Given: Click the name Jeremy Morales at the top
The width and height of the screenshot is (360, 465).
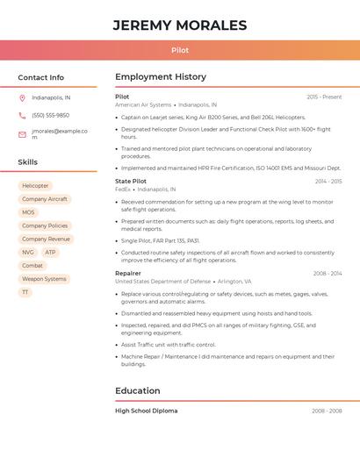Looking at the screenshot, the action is point(180,25).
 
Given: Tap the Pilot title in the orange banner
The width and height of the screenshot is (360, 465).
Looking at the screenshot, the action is point(180,50).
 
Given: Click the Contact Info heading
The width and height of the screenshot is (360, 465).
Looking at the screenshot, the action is point(41,77).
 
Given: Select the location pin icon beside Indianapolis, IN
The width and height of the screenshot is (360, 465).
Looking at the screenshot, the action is point(22,97).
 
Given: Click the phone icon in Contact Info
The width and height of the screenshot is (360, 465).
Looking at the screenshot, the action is point(22,115).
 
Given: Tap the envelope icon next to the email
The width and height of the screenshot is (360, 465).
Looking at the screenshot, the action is point(22,134).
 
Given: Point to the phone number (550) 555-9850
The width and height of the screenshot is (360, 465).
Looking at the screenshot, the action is point(50,115).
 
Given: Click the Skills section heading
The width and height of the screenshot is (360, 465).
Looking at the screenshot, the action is point(28,162).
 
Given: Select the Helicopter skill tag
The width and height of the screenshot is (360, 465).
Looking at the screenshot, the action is point(35,186).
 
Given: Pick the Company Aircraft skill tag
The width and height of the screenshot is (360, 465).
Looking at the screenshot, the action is point(44,199).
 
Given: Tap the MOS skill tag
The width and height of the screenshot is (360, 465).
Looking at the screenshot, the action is point(28,212).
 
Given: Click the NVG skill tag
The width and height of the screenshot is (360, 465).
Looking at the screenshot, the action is point(28,252).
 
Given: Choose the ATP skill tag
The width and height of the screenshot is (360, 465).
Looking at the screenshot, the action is point(50,252).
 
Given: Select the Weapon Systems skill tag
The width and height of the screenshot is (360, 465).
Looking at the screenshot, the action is point(44,279).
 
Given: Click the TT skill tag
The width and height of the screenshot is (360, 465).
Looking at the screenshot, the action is point(25,292).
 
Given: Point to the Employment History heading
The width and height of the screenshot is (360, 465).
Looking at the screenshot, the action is point(161,77).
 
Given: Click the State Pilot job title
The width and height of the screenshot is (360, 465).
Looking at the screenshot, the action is point(131,182).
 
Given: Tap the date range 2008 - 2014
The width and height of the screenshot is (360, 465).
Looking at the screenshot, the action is point(328,274).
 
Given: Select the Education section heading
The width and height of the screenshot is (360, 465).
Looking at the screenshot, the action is point(138,390).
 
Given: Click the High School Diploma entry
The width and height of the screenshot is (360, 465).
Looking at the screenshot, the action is point(146,411).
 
